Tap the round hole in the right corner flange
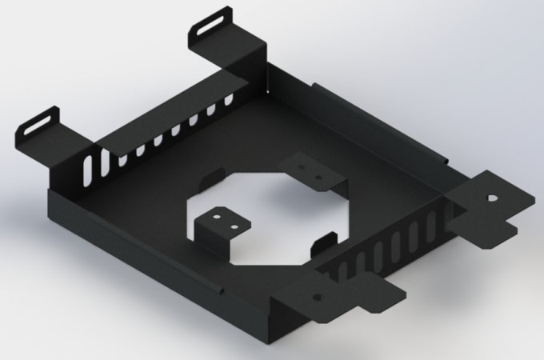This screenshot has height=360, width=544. coord(492,195)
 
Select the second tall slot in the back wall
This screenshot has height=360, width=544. coord(104,161)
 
